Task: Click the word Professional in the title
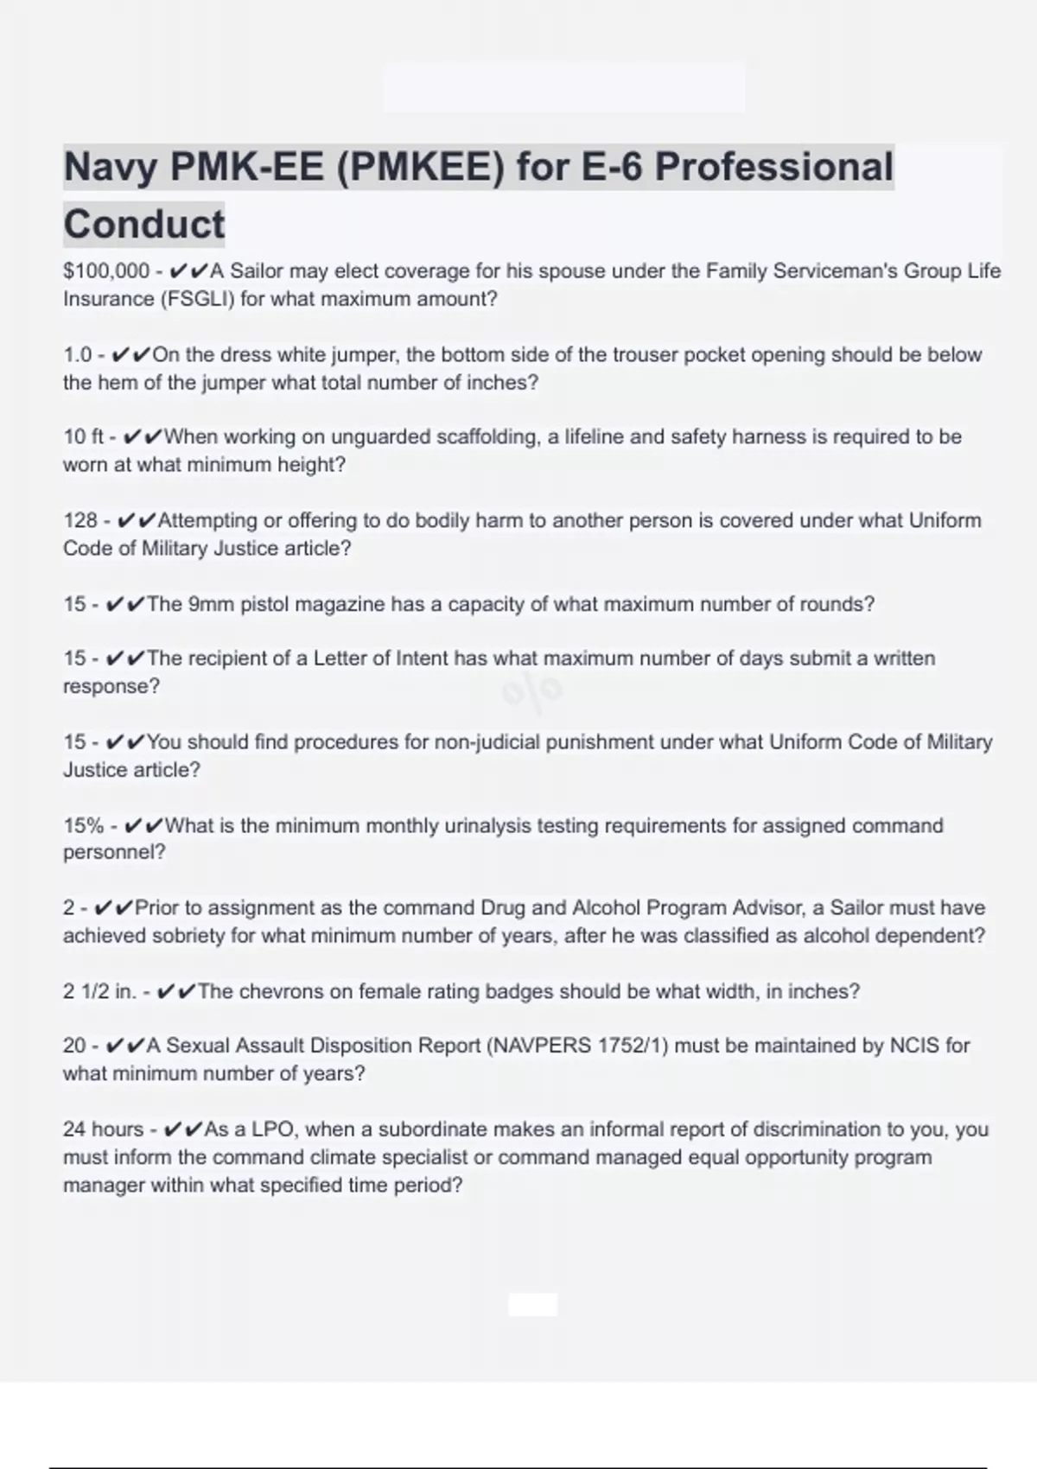tap(773, 167)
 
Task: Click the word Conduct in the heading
tap(143, 224)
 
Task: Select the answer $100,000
tap(106, 271)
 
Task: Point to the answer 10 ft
tap(83, 437)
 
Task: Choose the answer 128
tap(80, 520)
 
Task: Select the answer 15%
tap(83, 825)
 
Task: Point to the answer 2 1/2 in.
tap(99, 991)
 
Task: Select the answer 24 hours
tap(103, 1129)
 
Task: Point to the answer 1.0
tap(77, 355)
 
